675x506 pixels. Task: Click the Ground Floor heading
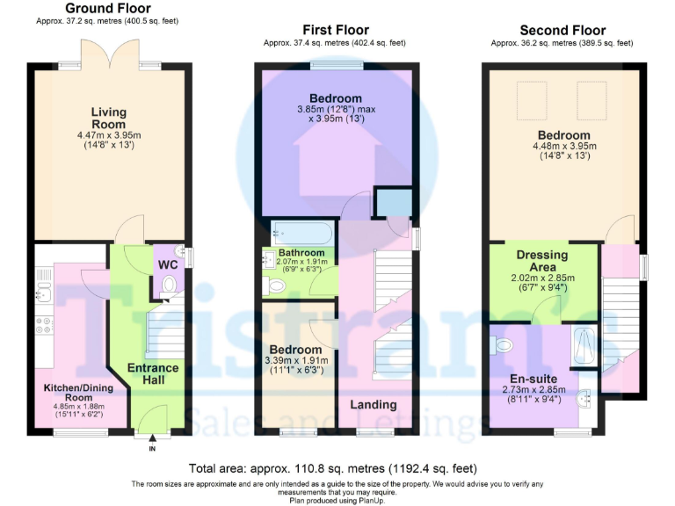(x=107, y=9)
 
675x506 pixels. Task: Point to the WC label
(x=168, y=264)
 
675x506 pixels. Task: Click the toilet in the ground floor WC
(x=169, y=284)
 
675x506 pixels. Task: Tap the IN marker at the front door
(x=151, y=448)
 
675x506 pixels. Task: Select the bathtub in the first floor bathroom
(x=302, y=232)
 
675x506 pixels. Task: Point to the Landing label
(x=374, y=405)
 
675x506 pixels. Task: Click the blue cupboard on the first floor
(x=390, y=203)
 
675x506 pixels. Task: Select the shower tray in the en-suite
(x=583, y=348)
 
